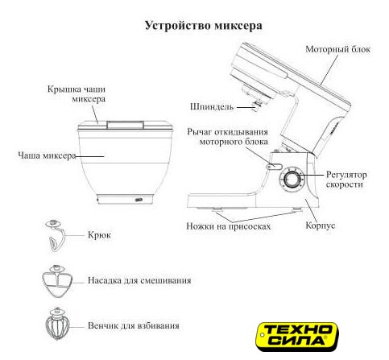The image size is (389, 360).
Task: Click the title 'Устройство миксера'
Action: [204, 26]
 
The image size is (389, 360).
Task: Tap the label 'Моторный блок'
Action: [338, 49]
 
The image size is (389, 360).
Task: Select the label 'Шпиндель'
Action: [212, 106]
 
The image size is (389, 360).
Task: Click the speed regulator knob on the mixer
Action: [291, 179]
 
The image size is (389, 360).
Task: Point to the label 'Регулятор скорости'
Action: [346, 180]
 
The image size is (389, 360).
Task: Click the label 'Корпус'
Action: [321, 226]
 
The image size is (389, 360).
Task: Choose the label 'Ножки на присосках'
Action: [229, 226]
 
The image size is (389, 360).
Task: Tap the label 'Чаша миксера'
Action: [47, 155]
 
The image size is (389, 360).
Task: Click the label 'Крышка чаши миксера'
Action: [77, 94]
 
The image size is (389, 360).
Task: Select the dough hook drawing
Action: [55, 234]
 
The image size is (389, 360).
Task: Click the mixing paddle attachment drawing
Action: [57, 281]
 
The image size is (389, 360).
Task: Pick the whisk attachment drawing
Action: [57, 324]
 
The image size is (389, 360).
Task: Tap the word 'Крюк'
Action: [99, 235]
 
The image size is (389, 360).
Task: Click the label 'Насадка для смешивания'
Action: [139, 280]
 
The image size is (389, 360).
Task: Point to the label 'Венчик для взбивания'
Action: [134, 325]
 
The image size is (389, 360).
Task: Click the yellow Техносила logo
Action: [296, 337]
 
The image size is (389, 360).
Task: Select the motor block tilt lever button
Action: [274, 167]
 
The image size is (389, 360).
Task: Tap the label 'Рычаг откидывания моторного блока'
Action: [228, 137]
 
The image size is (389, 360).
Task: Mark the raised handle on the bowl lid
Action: [125, 125]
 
